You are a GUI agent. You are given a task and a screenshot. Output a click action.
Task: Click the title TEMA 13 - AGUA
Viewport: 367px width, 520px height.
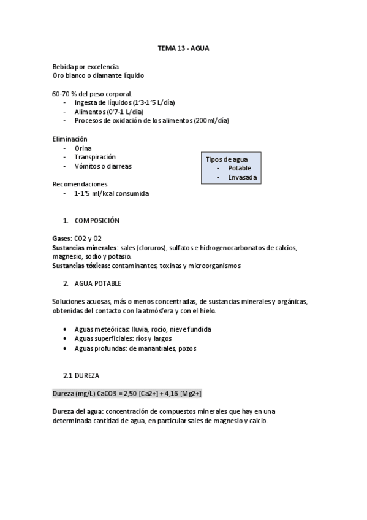coord(183,47)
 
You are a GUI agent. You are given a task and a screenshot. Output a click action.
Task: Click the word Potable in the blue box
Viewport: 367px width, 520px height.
coord(240,168)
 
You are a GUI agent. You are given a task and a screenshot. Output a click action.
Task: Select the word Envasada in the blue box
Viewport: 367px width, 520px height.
coord(243,178)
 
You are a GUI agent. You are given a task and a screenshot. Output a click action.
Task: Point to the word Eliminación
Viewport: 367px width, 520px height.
coord(70,139)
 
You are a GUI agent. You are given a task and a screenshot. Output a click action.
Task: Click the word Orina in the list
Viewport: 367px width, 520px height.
coord(83,148)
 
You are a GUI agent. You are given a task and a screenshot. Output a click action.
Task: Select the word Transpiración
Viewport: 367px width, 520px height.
coord(95,157)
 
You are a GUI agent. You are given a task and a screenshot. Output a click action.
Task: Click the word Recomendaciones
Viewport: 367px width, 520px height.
coord(80,184)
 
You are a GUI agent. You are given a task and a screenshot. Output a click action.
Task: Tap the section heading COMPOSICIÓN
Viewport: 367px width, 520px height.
coord(97,220)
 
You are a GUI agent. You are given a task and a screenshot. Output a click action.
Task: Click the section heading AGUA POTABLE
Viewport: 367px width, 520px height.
coord(98,283)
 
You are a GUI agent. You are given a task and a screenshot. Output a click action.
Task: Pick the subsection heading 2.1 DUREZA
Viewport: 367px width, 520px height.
coord(81,374)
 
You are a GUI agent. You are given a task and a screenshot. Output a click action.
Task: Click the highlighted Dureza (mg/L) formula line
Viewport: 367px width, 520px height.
coord(127,393)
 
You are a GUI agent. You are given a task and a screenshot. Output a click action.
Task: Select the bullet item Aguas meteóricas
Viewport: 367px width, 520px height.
coord(98,329)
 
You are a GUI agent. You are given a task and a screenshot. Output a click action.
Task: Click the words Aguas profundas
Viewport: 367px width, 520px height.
coord(97,348)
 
